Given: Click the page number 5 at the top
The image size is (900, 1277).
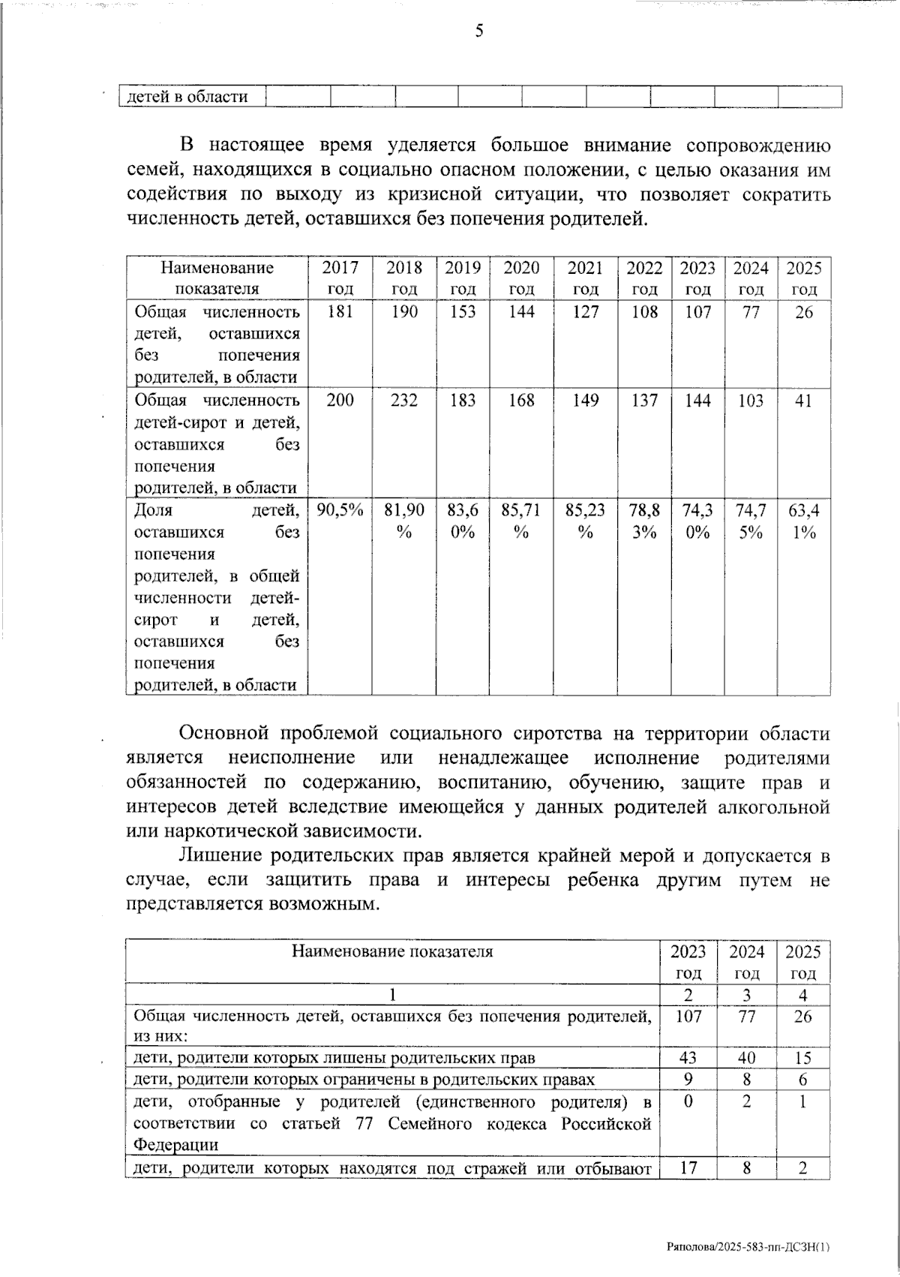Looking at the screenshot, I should pyautogui.click(x=478, y=32).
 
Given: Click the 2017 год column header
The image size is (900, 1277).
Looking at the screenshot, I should pyautogui.click(x=340, y=278).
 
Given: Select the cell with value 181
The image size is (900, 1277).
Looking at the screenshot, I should pyautogui.click(x=340, y=312).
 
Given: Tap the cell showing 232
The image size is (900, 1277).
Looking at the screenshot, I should pyautogui.click(x=404, y=401).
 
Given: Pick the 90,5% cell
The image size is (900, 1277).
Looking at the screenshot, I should pyautogui.click(x=340, y=511).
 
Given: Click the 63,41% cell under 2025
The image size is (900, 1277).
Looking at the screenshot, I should pyautogui.click(x=803, y=521).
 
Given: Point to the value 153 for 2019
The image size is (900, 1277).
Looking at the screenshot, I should pyautogui.click(x=463, y=312).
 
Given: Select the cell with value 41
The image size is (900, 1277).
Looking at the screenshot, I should pyautogui.click(x=803, y=401).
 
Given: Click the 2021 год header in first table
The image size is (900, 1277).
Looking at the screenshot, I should pyautogui.click(x=585, y=278).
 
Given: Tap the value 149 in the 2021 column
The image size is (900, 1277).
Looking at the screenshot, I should pyautogui.click(x=585, y=401).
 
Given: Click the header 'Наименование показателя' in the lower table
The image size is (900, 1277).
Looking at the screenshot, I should pyautogui.click(x=392, y=952).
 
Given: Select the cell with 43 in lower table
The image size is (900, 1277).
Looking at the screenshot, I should pyautogui.click(x=688, y=1058).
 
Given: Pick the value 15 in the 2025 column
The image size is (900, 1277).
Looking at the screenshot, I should pyautogui.click(x=802, y=1058).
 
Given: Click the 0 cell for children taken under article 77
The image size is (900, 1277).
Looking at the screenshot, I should pyautogui.click(x=688, y=1101).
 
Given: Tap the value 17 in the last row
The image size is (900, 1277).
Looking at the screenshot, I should pyautogui.click(x=688, y=1167).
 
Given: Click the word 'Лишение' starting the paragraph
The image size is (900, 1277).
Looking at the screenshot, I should pyautogui.click(x=220, y=855).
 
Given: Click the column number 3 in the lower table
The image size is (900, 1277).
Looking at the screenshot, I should pyautogui.click(x=747, y=996).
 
